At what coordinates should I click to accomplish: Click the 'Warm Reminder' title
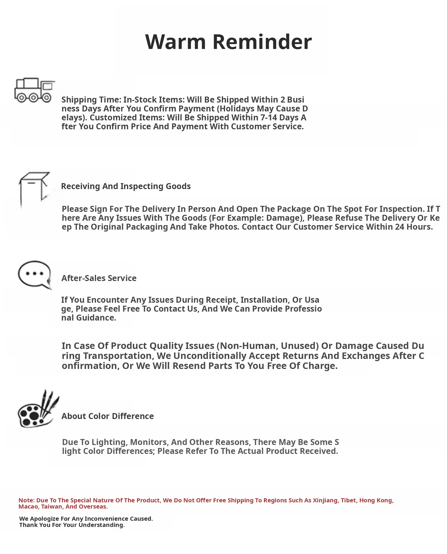(228, 42)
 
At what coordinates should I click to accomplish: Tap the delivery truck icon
(34, 90)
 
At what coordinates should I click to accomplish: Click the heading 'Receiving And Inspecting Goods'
(126, 186)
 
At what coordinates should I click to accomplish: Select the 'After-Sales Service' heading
(99, 278)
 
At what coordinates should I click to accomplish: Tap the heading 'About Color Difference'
(107, 416)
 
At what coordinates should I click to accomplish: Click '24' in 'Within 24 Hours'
(399, 227)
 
